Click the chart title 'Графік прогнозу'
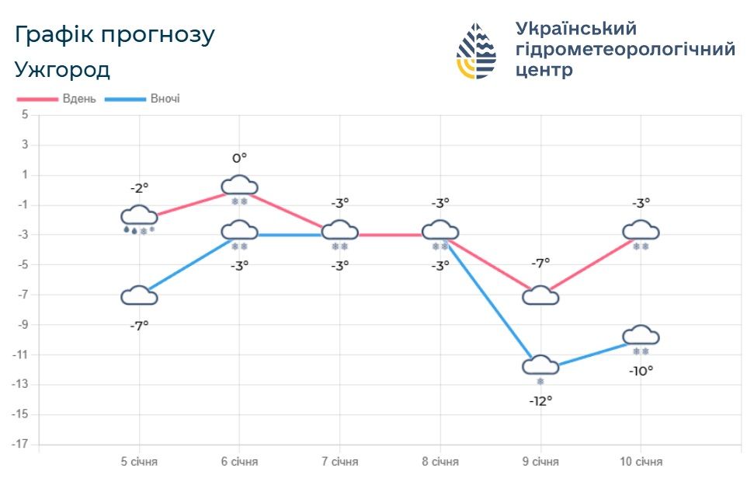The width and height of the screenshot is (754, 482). (115, 35)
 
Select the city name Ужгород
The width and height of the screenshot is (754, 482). (63, 70)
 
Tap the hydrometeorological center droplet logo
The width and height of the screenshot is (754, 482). (476, 51)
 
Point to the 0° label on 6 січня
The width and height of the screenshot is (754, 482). (240, 159)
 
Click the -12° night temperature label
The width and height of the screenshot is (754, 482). (540, 401)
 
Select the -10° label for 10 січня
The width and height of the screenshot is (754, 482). (641, 371)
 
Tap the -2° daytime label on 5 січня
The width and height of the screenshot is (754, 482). (139, 187)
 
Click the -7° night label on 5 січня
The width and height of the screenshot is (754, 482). (139, 326)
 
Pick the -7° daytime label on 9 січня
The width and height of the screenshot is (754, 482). (540, 263)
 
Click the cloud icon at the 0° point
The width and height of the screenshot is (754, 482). (240, 185)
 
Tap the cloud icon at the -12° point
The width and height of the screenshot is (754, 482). (540, 365)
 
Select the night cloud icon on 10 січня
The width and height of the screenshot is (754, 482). (641, 335)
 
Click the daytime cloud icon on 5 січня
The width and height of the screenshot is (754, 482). (139, 215)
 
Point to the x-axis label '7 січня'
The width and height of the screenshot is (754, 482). (340, 462)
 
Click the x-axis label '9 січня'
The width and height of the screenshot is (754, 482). (540, 462)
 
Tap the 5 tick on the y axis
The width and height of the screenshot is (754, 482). (25, 115)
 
